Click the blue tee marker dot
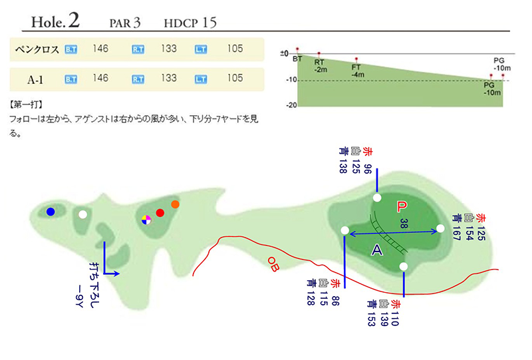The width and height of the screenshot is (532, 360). pos(51,212)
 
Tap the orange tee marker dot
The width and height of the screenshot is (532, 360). pos(175,204)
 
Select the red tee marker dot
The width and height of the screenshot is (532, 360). pos(160,213)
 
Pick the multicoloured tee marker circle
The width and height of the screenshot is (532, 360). pos(146,220)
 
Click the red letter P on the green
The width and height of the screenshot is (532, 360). pos(402,206)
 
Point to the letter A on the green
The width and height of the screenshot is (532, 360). pos(377,250)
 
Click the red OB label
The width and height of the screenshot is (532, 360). pos(273,264)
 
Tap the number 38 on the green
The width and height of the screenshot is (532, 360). pos(404,223)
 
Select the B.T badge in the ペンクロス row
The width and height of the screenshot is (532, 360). pos(71,50)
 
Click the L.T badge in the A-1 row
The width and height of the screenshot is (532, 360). pos(201,79)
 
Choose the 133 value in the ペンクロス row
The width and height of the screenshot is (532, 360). pos(169,49)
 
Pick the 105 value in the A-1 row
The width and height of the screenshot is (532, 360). pos(235,78)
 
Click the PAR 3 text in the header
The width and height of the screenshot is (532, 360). pos(125,23)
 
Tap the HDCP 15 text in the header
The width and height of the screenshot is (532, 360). pos(190,23)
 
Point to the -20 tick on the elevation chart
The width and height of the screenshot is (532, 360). pos(291,105)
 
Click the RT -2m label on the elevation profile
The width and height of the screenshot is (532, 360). pos(321,66)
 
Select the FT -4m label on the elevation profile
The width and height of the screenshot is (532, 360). pos(358,71)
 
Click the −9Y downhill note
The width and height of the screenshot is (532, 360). pos(79,296)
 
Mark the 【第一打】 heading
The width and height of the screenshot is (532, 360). pos(26,104)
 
